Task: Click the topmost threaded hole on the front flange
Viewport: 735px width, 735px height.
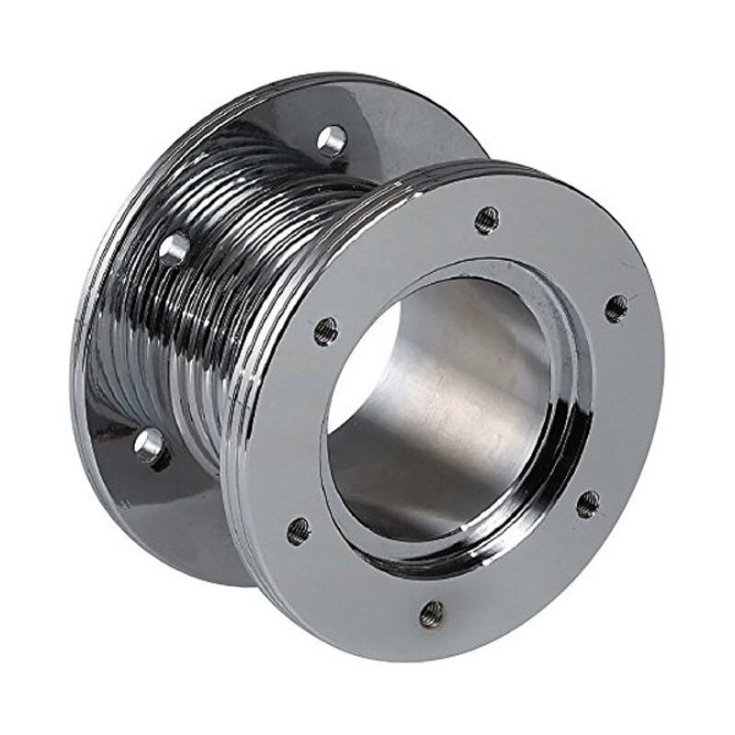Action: (486, 220)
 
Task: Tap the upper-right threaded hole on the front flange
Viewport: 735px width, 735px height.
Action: (616, 308)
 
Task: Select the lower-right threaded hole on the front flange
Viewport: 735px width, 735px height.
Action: (588, 503)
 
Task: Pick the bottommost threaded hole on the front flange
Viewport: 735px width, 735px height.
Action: (431, 613)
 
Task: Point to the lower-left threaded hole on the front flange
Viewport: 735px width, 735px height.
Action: (299, 531)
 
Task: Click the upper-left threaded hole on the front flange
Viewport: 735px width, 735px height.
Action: (325, 331)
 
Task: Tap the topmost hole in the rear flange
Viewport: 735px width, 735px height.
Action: (332, 141)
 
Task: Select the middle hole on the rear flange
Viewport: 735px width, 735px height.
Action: (174, 249)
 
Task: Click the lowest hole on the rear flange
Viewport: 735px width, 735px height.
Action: (151, 447)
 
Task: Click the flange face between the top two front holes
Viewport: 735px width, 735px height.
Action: (560, 248)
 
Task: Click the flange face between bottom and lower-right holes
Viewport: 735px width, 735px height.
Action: (524, 579)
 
